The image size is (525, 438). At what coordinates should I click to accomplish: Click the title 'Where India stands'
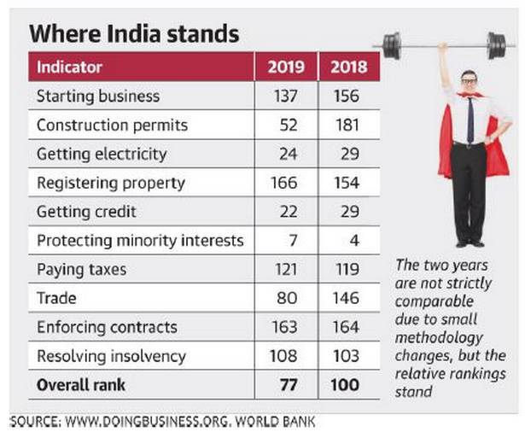(134, 35)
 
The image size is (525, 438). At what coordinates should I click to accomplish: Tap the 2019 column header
(286, 67)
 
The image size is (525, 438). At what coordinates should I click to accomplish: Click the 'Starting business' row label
(98, 96)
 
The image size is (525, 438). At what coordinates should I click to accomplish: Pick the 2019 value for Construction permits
(288, 125)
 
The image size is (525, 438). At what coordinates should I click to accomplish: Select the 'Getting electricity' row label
(102, 154)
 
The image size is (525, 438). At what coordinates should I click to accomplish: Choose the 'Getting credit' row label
(86, 212)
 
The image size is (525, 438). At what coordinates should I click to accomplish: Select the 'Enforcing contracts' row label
(107, 328)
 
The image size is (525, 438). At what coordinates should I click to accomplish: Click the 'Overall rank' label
(81, 385)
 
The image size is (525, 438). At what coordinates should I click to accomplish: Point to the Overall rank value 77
(286, 385)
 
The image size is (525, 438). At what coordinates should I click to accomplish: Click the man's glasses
(470, 81)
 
